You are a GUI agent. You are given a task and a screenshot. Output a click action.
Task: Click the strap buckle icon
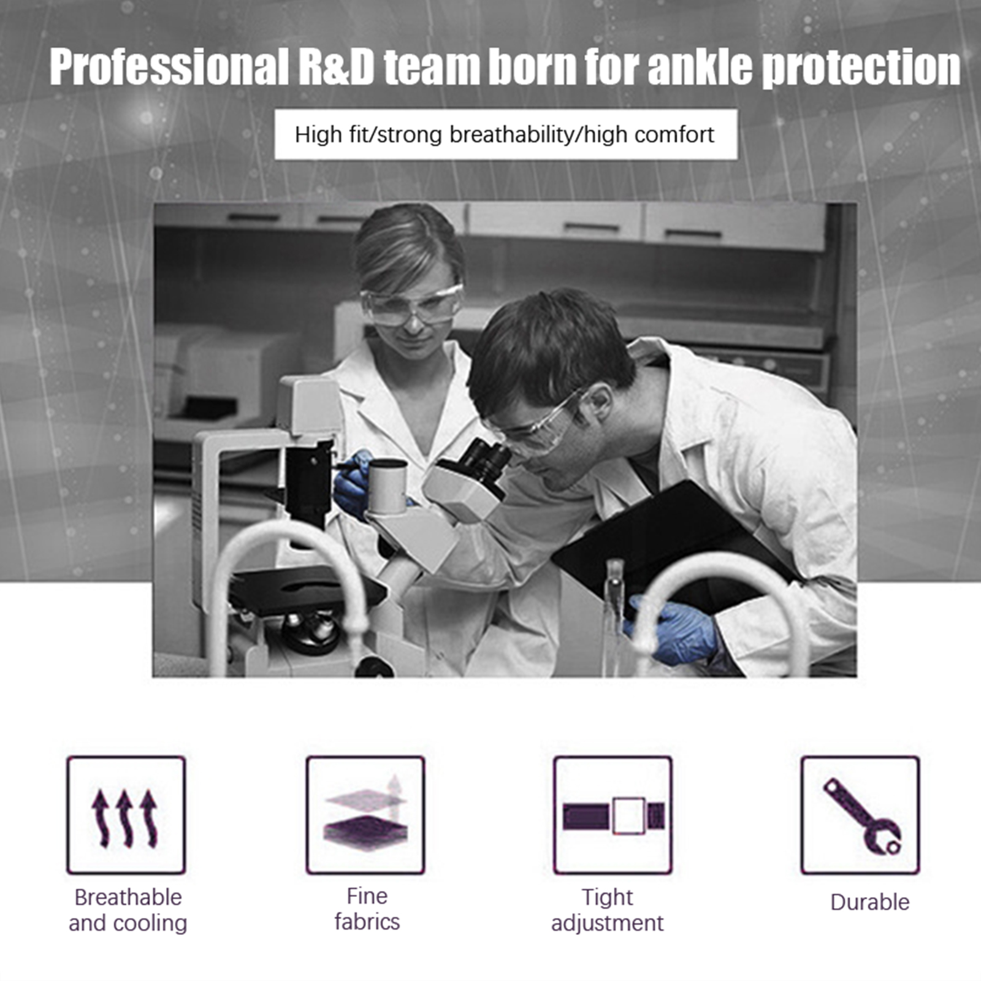[x=614, y=816]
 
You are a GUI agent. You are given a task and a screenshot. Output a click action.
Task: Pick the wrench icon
[x=862, y=816]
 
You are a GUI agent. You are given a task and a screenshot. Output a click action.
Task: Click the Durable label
[x=870, y=902]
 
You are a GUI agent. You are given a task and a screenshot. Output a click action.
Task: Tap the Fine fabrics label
[x=367, y=909]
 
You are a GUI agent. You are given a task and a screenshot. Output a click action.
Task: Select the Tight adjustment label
[x=607, y=910]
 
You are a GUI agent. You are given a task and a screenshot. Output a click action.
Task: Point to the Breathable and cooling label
[x=128, y=910]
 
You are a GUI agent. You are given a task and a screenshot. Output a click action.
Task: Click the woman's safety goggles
[x=411, y=305]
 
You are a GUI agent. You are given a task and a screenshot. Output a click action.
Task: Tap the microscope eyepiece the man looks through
[x=487, y=459]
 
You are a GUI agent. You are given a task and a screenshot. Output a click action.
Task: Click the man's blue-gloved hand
[x=672, y=632]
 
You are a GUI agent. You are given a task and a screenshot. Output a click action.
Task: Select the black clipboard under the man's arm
[x=674, y=546]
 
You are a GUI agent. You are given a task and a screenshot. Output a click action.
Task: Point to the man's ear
[x=598, y=402]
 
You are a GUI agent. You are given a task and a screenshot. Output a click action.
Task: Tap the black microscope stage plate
[x=307, y=589]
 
